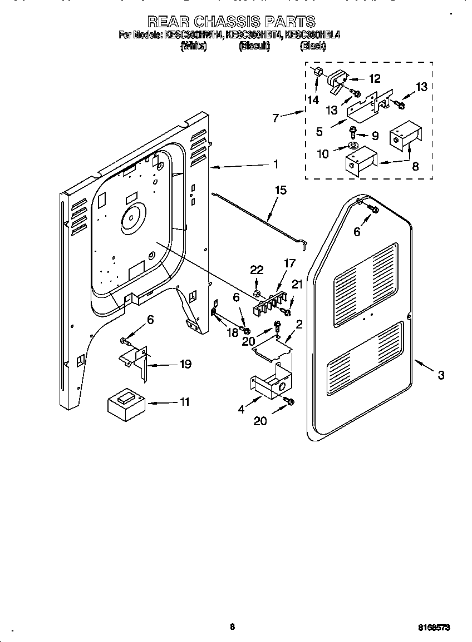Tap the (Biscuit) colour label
pos(254,47)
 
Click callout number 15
pos(281,191)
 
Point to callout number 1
pos(275,165)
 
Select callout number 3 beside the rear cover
pos(441,375)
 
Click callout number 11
pos(184,401)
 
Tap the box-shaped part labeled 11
pos(126,402)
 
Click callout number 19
pos(185,364)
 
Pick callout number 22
pos(257,270)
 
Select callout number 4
pos(241,410)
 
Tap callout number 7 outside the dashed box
pos(275,118)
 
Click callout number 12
pos(374,79)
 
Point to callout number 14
pos(313,100)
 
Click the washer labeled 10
pos(352,146)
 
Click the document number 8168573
pos(434,627)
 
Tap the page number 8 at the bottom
pos(233,627)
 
